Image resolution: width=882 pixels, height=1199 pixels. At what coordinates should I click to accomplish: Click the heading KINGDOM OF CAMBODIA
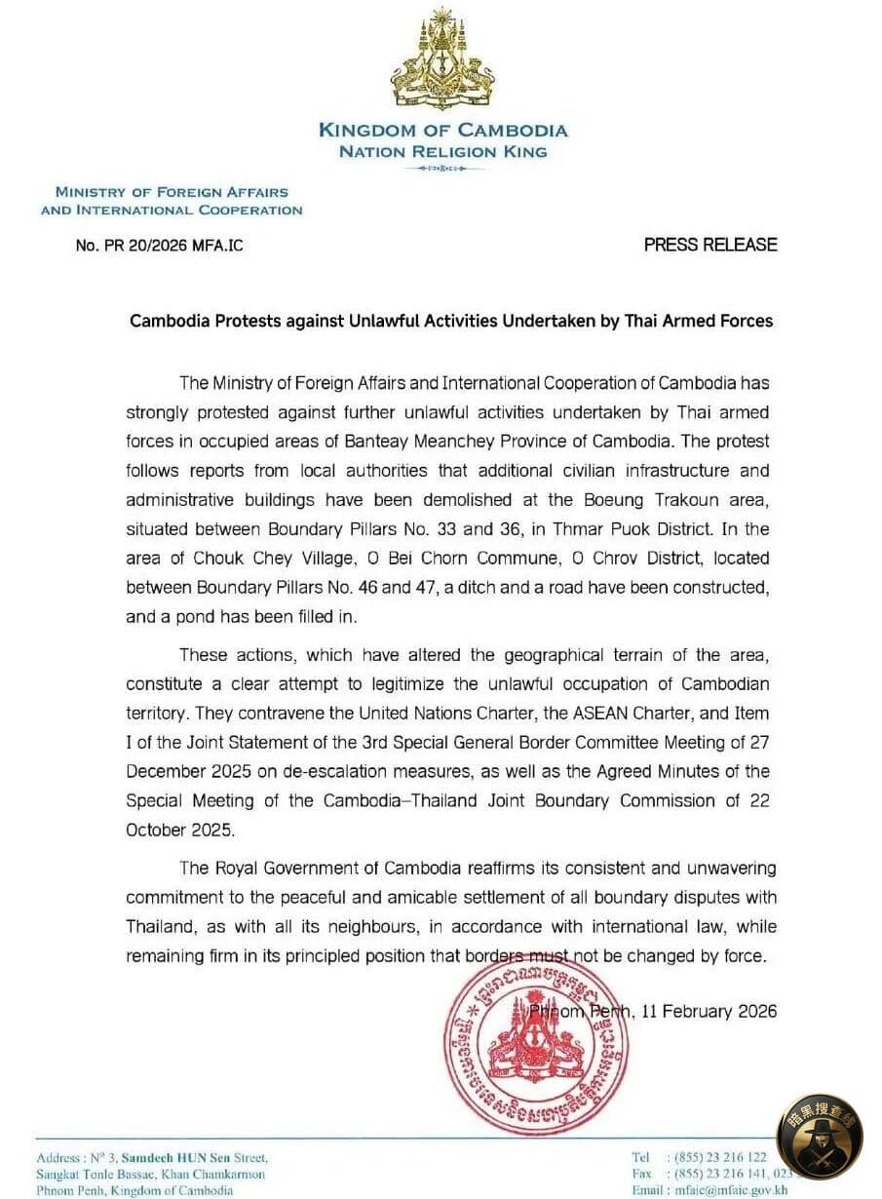(x=442, y=130)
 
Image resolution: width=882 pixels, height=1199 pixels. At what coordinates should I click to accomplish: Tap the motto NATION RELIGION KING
(x=442, y=151)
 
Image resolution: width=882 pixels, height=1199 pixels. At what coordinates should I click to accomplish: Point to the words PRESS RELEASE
(x=710, y=245)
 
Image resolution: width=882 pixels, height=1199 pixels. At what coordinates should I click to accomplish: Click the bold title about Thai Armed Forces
(x=451, y=321)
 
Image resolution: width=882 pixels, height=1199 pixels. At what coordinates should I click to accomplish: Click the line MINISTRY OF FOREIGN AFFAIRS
(x=172, y=193)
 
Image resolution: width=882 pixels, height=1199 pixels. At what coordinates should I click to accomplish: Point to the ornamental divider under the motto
(x=442, y=170)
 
